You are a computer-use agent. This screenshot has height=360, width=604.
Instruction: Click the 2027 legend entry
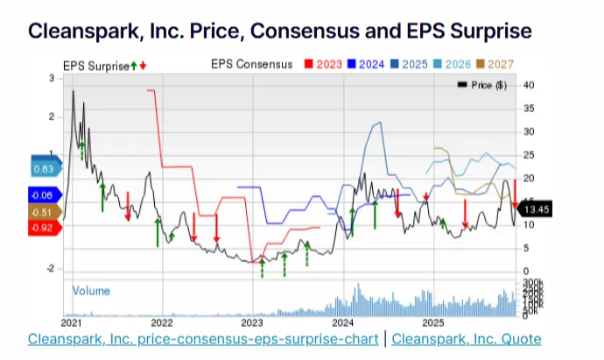pyautogui.click(x=500, y=64)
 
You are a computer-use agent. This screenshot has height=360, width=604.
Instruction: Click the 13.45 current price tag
pyautogui.click(x=533, y=208)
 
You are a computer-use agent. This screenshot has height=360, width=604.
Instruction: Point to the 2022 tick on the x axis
pyautogui.click(x=162, y=322)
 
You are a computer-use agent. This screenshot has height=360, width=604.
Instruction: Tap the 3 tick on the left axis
pyautogui.click(x=53, y=79)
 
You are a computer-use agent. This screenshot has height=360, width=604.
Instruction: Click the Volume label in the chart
pyautogui.click(x=91, y=290)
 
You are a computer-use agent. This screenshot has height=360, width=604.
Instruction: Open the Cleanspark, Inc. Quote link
pyautogui.click(x=467, y=339)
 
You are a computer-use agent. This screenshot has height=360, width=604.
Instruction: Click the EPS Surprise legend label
pyautogui.click(x=95, y=64)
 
